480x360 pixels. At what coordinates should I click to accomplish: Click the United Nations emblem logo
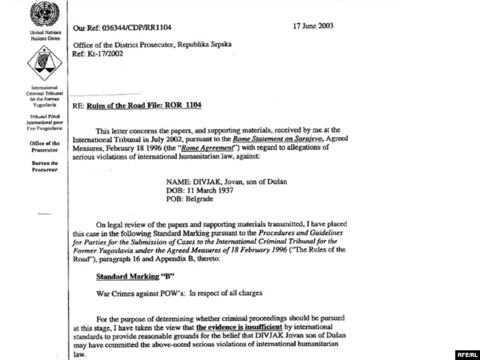[x=44, y=14]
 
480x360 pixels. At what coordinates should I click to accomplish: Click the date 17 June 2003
[x=313, y=26]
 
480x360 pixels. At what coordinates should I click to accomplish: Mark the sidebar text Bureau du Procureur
[x=44, y=167]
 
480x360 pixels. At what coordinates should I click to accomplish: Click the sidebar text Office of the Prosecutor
[x=44, y=147]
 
